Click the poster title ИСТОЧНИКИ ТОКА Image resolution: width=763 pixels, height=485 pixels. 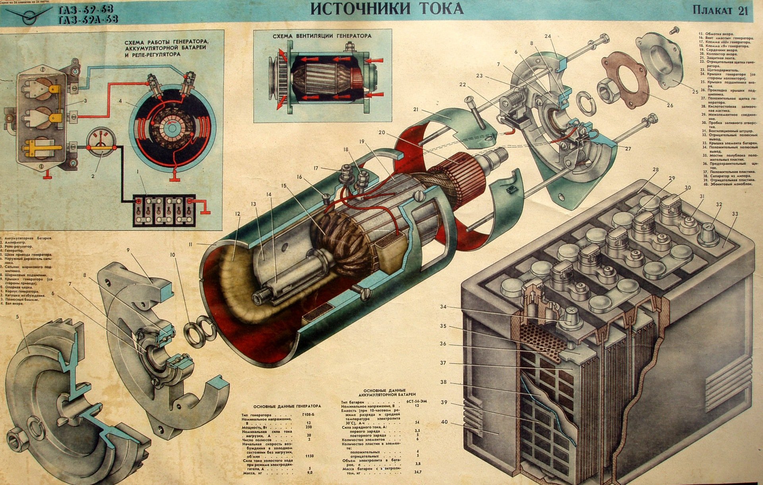click(386, 9)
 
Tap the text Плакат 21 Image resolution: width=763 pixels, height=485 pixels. click(720, 11)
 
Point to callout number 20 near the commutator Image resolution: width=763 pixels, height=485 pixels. click(381, 133)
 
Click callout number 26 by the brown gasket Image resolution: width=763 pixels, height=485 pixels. click(670, 105)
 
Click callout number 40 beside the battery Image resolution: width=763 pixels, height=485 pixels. click(444, 422)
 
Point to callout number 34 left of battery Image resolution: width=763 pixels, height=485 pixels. click(443, 307)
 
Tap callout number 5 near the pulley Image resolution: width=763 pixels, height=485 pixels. click(17, 317)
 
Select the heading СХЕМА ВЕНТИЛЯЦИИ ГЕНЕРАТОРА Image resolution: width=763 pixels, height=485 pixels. click(322, 36)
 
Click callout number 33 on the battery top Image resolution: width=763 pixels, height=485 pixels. click(735, 214)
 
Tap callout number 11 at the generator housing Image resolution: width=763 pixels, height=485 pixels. click(191, 243)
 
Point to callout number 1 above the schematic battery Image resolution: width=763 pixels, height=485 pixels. click(138, 171)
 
